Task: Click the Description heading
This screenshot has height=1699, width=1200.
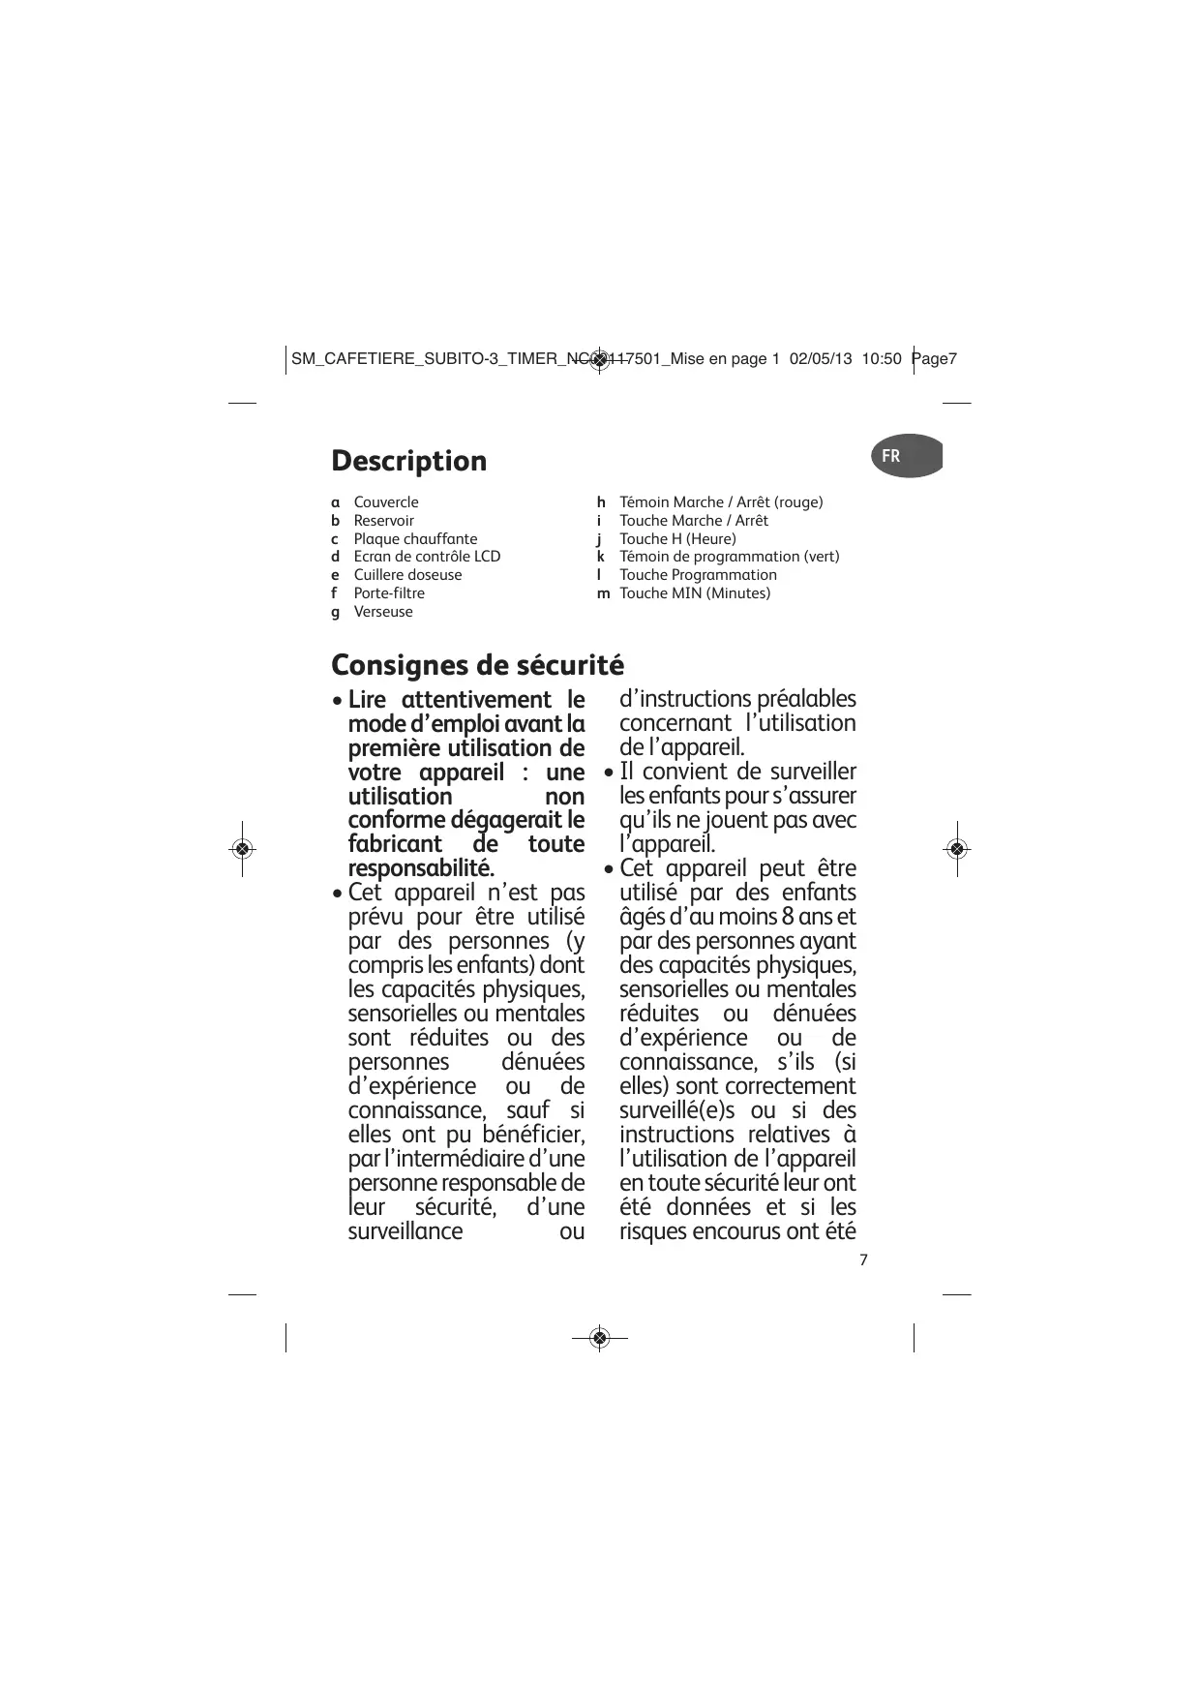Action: (408, 461)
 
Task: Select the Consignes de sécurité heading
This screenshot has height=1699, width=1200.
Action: (477, 666)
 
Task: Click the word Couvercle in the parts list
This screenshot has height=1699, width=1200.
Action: (386, 502)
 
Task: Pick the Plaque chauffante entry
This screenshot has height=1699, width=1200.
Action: (415, 539)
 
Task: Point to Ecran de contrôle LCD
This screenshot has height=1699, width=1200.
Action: (427, 557)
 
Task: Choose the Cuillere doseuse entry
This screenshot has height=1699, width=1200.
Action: (407, 575)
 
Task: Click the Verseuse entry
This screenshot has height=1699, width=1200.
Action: (383, 612)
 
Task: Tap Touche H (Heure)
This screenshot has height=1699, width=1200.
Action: (677, 539)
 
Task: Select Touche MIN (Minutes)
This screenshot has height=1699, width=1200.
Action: (695, 593)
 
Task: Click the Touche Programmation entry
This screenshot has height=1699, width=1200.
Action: (698, 575)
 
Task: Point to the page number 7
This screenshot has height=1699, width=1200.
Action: (863, 1259)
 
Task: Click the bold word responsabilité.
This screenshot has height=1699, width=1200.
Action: (421, 867)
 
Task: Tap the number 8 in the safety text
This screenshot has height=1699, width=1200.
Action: (789, 917)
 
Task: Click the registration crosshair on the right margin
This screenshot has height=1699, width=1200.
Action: (957, 849)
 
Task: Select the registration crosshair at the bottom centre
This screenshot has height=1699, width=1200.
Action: (599, 1338)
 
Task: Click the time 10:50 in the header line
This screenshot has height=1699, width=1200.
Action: (881, 359)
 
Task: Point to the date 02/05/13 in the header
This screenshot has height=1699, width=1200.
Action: (821, 359)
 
